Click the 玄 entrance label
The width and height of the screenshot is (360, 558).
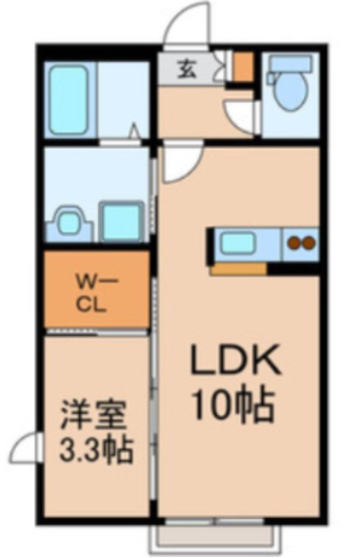pyautogui.click(x=187, y=70)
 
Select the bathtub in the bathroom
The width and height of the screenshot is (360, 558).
pyautogui.click(x=69, y=100)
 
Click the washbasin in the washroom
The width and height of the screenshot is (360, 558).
pyautogui.click(x=69, y=222)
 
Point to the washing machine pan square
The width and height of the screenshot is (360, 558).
pyautogui.click(x=121, y=221)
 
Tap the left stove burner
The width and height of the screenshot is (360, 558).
pyautogui.click(x=294, y=243)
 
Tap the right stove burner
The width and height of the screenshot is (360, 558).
pyautogui.click(x=308, y=243)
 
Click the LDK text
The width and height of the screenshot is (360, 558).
pyautogui.click(x=234, y=360)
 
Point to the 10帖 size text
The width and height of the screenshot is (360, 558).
pyautogui.click(x=234, y=405)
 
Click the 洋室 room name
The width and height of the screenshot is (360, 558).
pyautogui.click(x=92, y=415)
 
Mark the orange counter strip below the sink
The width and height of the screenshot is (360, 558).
pyautogui.click(x=239, y=269)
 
